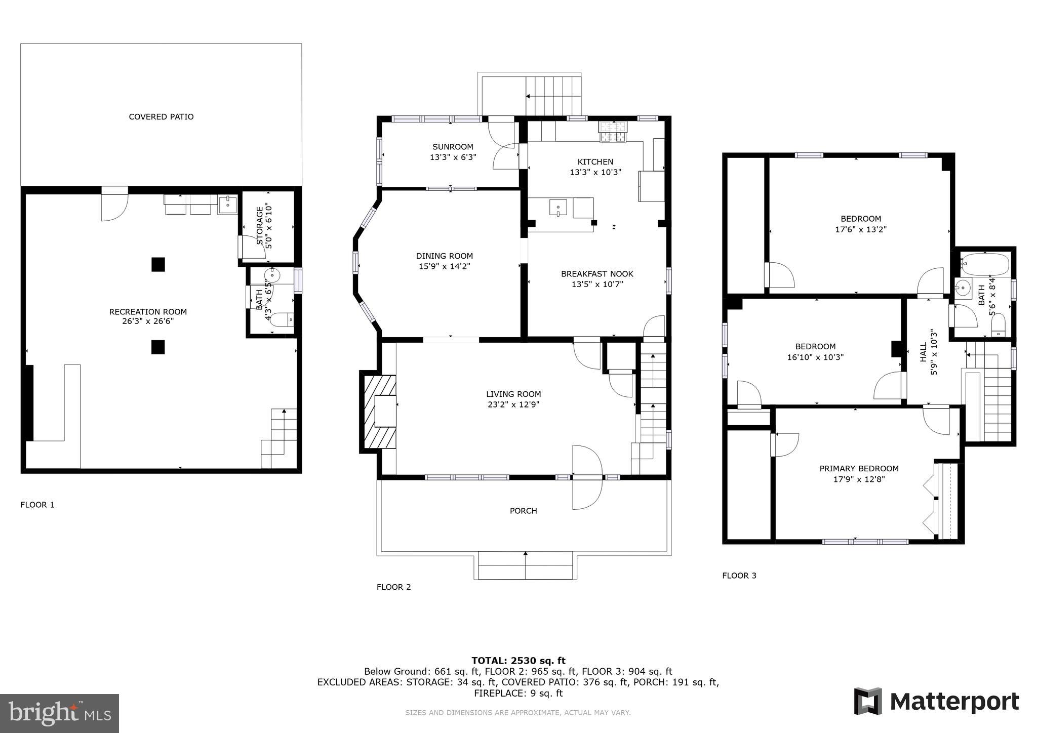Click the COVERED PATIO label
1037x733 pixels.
[161, 117]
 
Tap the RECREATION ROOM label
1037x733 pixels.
[148, 312]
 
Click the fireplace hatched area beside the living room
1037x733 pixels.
[377, 412]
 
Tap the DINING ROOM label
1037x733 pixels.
[444, 256]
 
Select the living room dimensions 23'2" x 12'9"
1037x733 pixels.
[513, 404]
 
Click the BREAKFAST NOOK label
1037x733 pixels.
[597, 274]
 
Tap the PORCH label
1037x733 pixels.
[523, 511]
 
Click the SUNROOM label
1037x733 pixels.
[453, 147]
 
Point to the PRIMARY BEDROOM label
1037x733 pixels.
[859, 469]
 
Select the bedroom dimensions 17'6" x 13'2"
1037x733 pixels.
[860, 229]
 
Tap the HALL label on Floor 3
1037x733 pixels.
[923, 352]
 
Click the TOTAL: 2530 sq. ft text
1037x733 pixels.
[518, 661]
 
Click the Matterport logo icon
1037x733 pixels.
[868, 701]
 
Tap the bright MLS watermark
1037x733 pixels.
[60, 713]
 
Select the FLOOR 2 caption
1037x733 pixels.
[393, 587]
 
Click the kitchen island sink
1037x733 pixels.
[558, 208]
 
